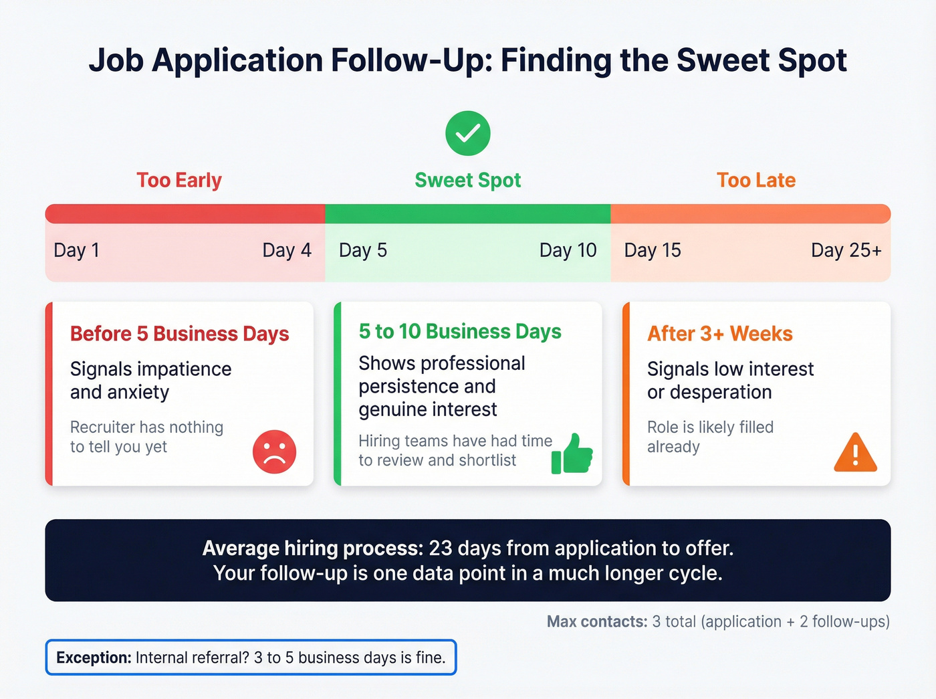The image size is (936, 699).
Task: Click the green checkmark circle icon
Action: coord(468,133)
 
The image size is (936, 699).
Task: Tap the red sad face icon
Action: coord(274,452)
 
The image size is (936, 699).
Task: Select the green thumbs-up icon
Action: coord(572,454)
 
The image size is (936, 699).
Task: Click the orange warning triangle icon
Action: coord(855,454)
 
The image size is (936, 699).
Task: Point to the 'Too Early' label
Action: coord(179,180)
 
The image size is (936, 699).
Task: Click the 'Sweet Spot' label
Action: coord(468,180)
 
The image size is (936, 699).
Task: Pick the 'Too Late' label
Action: coord(756,180)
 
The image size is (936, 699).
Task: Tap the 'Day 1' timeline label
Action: coord(76,250)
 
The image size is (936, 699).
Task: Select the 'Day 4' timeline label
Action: coord(287,250)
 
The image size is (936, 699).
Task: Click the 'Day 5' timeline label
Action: coord(363,250)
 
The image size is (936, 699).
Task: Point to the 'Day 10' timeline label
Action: coord(568,250)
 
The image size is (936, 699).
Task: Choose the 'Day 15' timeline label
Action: coord(653,250)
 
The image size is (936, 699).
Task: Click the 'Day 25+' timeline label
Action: coord(846,250)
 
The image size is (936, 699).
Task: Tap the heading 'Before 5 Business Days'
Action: coord(179,333)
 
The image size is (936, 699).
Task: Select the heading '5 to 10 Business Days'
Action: coord(460,331)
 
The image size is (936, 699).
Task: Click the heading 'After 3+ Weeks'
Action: coord(719,333)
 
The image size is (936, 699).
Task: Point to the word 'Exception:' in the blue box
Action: coord(94,658)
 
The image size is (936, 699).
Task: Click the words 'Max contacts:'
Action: coord(597,621)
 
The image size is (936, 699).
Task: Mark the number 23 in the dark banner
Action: coord(441,548)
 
